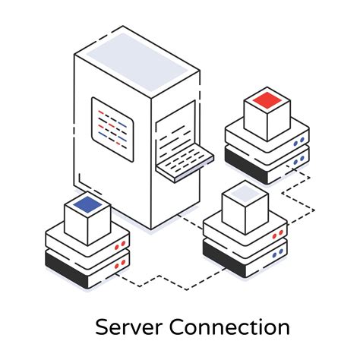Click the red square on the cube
pos(266,99)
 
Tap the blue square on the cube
pos(85,203)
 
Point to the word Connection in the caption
pos(229,327)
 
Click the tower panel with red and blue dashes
pos(112,122)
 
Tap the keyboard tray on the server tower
pos(184,159)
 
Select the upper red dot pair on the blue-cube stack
pos(119,246)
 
